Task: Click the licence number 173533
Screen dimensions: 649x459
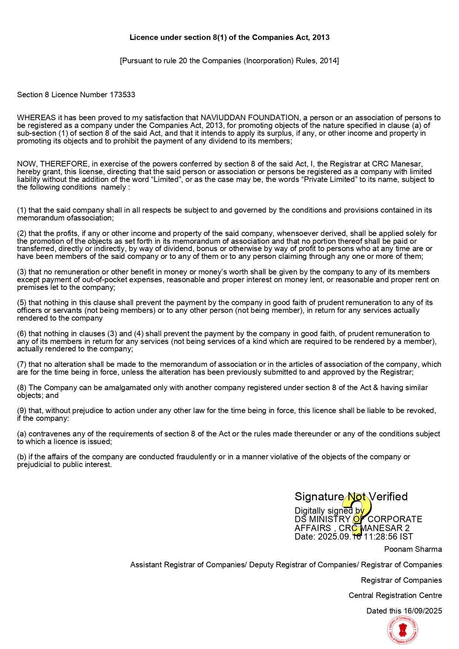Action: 122,95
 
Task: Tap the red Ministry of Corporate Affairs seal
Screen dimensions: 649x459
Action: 403,630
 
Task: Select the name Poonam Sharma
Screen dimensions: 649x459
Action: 413,549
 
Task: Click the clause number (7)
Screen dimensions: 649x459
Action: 22,364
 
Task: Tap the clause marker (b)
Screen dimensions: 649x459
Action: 22,457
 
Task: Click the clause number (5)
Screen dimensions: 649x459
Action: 22,302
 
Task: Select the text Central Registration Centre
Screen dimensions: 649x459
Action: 395,595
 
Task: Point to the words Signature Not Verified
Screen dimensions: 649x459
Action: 351,497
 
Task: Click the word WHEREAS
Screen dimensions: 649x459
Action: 36,118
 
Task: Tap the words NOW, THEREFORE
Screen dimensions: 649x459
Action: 53,164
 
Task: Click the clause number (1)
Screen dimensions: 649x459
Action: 22,210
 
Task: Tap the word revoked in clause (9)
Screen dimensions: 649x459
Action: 421,410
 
